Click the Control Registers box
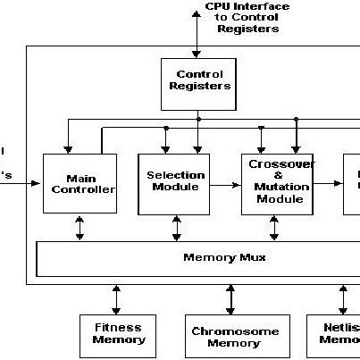click(x=197, y=80)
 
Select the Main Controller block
click(x=80, y=183)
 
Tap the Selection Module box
click(x=174, y=182)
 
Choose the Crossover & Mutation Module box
click(x=278, y=183)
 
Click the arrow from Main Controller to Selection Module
click(x=127, y=186)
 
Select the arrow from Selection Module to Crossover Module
click(x=226, y=185)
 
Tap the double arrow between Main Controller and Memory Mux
click(x=80, y=227)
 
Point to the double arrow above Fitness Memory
click(x=116, y=298)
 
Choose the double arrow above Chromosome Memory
click(x=230, y=298)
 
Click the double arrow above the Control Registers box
click(x=197, y=36)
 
